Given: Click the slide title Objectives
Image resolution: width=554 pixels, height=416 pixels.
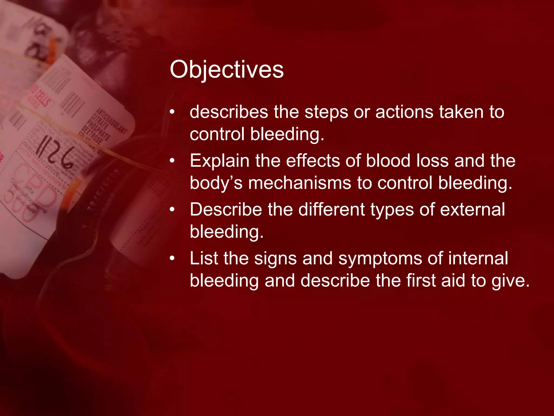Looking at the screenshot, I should tap(227, 70).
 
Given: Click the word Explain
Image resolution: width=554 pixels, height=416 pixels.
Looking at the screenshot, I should tap(219, 161).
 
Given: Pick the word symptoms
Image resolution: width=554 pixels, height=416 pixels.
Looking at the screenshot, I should tap(380, 259).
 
